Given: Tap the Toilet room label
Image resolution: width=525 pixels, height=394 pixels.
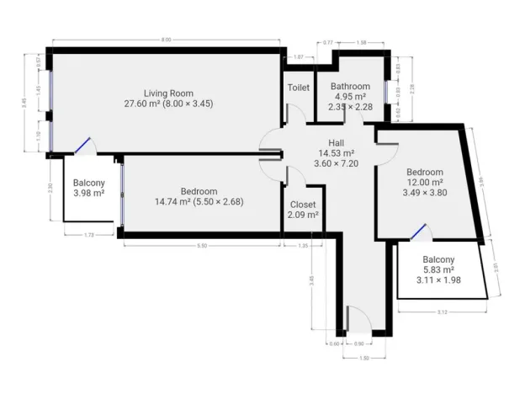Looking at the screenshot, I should point(298,88).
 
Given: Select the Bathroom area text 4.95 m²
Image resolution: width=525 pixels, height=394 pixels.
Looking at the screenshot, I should point(349,97).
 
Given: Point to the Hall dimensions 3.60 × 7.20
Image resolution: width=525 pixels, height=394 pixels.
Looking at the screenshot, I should point(336,163).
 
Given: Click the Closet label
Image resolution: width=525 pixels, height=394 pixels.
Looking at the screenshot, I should point(303,205).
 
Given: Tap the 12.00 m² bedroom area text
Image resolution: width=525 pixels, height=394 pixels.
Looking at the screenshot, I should point(424,182).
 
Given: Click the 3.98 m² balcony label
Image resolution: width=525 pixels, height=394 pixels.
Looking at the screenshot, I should point(88,194).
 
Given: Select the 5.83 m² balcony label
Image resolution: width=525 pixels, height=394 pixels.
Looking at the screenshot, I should point(437,269).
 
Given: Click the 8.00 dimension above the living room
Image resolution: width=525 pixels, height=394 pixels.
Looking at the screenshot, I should point(167,40).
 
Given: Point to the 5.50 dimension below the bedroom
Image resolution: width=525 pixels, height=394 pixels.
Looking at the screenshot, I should point(202,245).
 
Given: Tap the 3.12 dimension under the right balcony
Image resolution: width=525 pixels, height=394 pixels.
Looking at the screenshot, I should point(443,311).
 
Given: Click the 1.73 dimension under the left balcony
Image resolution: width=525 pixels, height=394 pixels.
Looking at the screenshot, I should point(87,234).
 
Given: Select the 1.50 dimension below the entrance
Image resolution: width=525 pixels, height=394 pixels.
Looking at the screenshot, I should point(365,357).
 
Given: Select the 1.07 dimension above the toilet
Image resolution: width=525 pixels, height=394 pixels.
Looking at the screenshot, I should point(298,56).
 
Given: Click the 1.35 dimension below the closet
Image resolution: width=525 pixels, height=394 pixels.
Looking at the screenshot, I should point(303,245).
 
